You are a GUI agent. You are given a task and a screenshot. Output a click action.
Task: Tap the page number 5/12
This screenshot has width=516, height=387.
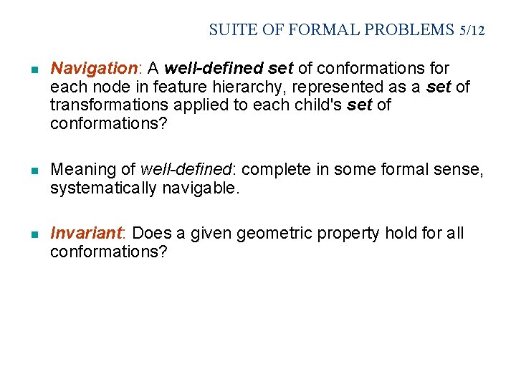[473, 30]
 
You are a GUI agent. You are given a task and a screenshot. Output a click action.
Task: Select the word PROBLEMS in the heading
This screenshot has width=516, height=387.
[409, 30]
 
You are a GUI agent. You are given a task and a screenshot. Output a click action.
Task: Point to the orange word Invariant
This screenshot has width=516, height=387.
[86, 234]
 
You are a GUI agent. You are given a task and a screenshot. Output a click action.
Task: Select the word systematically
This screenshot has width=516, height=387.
[102, 188]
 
